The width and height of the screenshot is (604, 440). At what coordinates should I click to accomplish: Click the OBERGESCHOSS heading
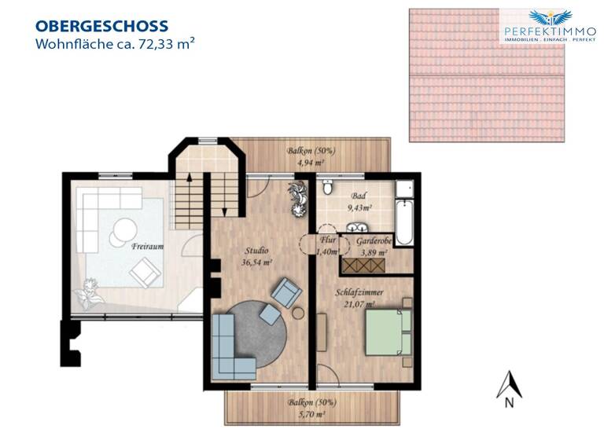[101, 27]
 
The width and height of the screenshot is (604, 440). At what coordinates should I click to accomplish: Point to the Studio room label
[257, 252]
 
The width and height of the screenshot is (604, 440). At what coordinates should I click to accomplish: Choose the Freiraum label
[147, 246]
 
